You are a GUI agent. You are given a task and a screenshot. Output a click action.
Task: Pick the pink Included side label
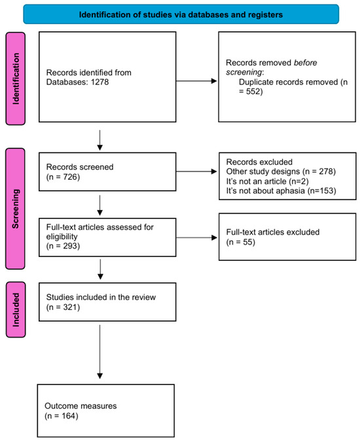[16, 309]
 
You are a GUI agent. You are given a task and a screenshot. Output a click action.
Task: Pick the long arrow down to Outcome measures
[99, 353]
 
